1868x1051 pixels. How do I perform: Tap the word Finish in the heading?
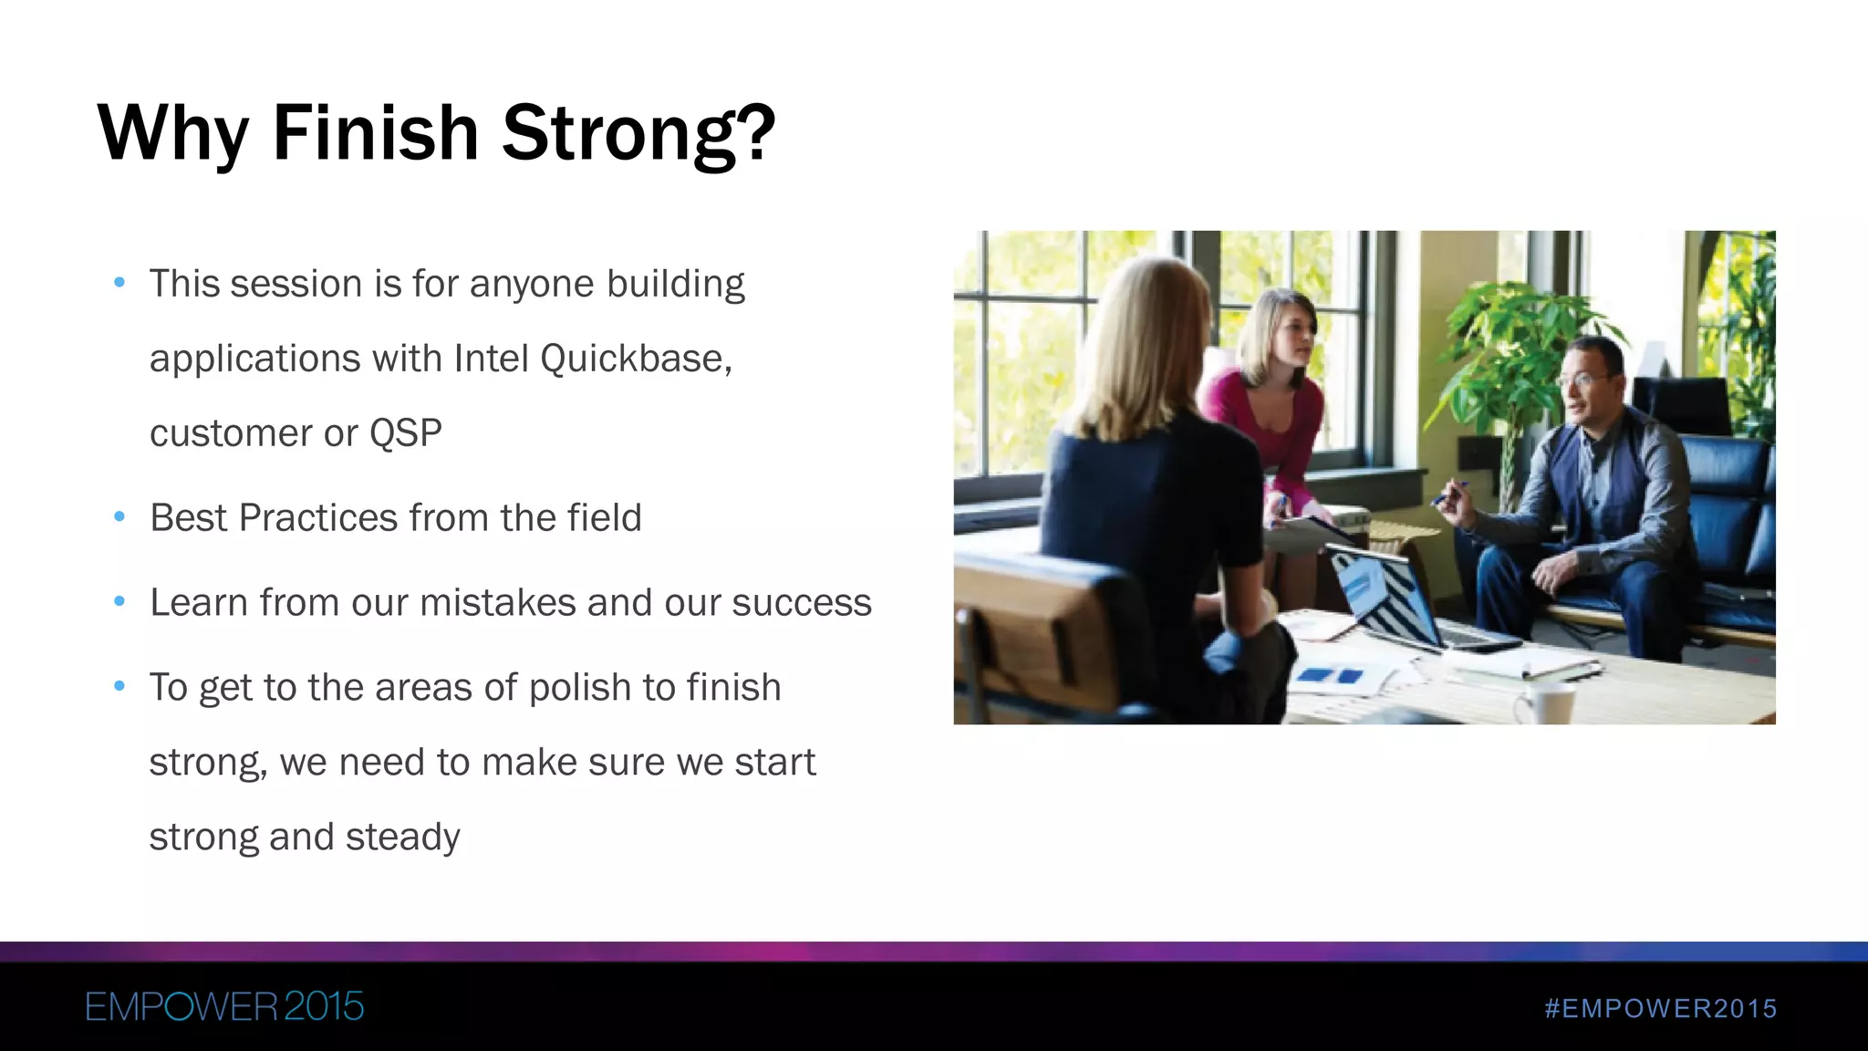(x=375, y=133)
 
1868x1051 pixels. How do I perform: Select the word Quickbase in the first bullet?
(x=635, y=359)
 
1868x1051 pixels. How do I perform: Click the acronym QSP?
(x=405, y=433)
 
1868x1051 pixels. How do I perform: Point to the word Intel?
(x=492, y=359)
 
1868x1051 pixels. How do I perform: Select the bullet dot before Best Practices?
(x=119, y=517)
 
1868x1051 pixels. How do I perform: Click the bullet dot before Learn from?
(x=119, y=602)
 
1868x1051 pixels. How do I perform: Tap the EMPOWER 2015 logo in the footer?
(x=224, y=1007)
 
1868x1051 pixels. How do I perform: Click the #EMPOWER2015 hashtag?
(x=1661, y=1008)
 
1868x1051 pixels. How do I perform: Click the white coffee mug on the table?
(x=1545, y=702)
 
